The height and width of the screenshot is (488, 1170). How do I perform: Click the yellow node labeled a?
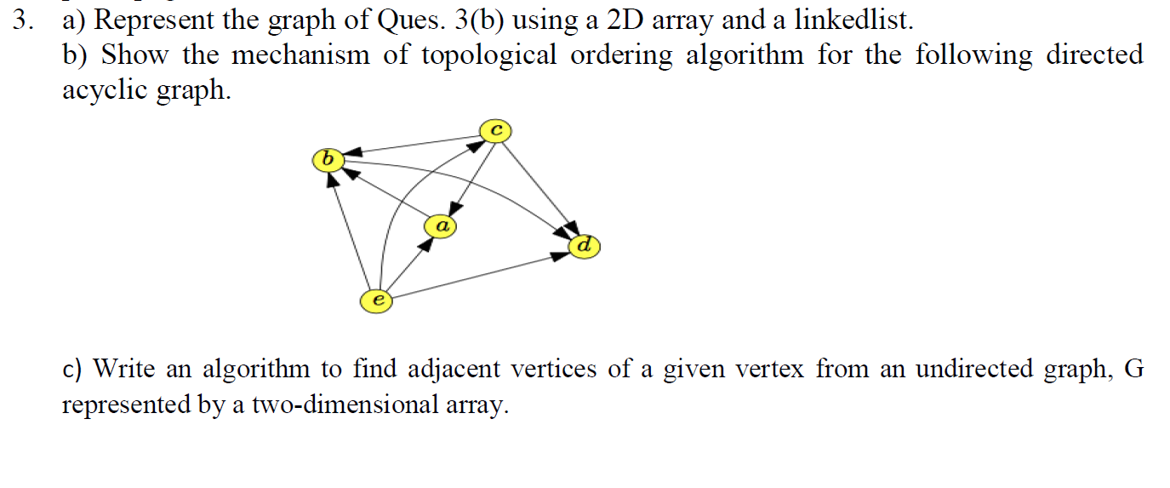coord(441,226)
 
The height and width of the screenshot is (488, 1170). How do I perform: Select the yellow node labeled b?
coord(328,159)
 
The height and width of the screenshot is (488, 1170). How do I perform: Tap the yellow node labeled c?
coord(495,130)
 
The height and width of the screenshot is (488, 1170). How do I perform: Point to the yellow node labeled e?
coord(377,301)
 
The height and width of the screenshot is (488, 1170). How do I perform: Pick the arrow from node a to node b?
coord(387,194)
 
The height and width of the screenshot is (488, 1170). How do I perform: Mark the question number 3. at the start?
coord(23,20)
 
